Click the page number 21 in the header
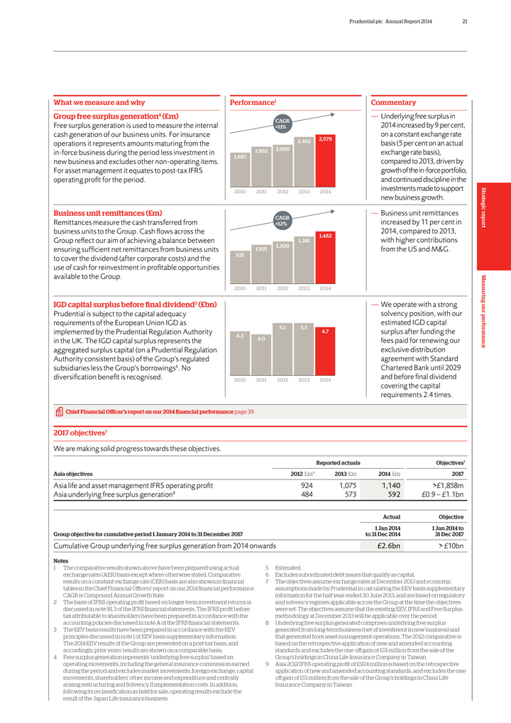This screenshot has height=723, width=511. pos(464,19)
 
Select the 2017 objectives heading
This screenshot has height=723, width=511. pos(80,431)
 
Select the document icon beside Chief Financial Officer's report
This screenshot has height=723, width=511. pos(59,411)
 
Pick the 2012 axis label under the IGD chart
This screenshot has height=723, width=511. pos(282,380)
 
